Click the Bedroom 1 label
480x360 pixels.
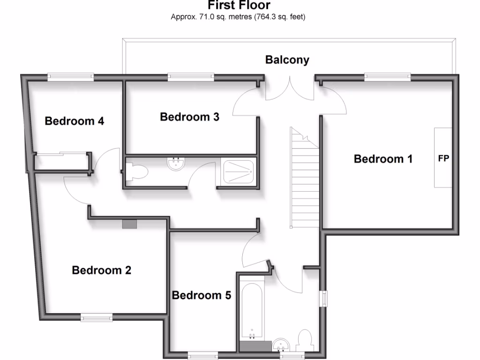383,159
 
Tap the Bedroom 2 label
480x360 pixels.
101,270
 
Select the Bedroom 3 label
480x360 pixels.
189,117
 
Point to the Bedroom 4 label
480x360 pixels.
74,121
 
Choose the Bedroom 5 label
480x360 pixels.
202,295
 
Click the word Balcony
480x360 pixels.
287,60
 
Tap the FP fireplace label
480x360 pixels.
443,158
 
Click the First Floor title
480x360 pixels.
239,6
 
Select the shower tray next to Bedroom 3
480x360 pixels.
239,172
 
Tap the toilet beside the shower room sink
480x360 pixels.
137,172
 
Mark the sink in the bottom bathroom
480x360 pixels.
281,345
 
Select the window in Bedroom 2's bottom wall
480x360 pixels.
96,318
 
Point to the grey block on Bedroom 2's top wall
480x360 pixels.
129,224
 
